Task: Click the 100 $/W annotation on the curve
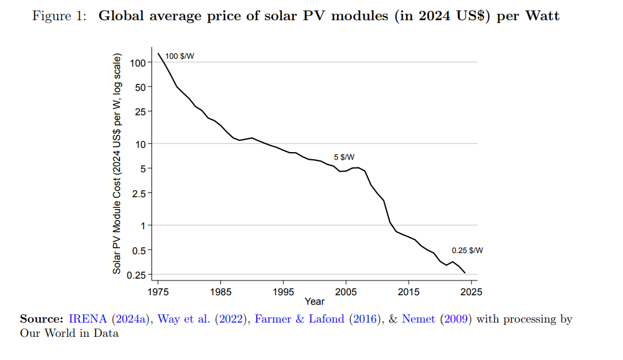click(x=179, y=56)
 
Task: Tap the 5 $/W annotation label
click(x=344, y=157)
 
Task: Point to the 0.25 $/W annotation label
click(x=467, y=251)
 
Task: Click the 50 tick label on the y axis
click(x=140, y=87)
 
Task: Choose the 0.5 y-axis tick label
click(x=139, y=250)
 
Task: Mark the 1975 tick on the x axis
click(x=158, y=292)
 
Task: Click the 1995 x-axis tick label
click(x=283, y=292)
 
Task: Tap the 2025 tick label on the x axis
click(x=472, y=292)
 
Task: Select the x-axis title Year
click(x=314, y=301)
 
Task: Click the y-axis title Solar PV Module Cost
click(x=117, y=165)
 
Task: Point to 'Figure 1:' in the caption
click(x=58, y=16)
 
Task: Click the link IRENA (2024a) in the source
click(x=111, y=319)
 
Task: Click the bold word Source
click(x=42, y=319)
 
